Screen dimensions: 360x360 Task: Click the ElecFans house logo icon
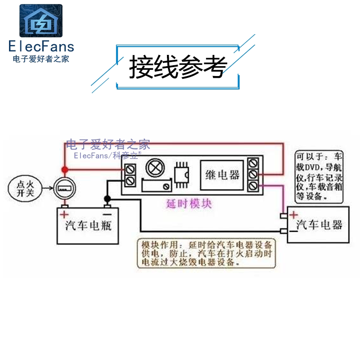click(40, 22)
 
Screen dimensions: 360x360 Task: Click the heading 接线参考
click(177, 68)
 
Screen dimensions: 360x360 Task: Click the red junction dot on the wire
click(64, 170)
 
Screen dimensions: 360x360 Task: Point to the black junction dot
click(107, 199)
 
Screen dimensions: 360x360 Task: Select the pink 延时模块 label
click(189, 203)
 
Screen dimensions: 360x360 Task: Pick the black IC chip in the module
click(182, 174)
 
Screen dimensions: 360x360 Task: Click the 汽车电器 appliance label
click(319, 225)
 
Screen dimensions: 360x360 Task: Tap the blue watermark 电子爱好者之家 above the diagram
click(108, 144)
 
